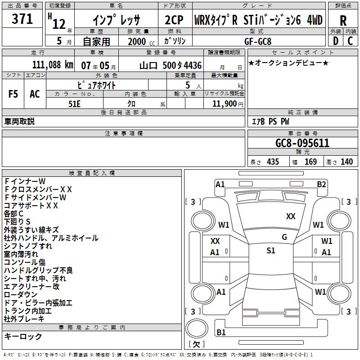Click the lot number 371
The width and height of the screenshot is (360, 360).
[22, 19]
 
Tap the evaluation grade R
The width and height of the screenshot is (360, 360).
[343, 21]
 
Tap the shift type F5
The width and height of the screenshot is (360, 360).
[13, 94]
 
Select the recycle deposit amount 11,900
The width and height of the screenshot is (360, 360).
[224, 104]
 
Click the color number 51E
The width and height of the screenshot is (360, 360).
[74, 103]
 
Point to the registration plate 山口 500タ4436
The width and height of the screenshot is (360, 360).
[171, 65]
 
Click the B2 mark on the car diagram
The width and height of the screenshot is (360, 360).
[321, 184]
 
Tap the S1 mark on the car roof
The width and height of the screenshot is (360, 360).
[270, 251]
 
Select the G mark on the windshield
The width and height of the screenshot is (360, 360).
[284, 237]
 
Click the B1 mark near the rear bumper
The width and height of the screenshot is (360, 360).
[221, 333]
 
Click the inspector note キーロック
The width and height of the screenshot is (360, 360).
[23, 337]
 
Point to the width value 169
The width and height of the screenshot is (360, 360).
[310, 162]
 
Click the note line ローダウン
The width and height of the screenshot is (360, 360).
[21, 295]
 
